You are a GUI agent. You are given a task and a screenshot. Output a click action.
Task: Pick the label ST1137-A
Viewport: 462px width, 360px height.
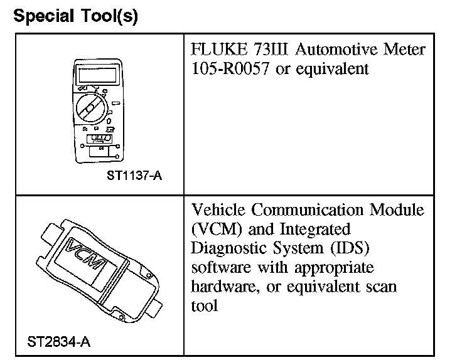point(134,175)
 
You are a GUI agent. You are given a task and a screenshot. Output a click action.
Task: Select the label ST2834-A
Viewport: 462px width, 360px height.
point(60,342)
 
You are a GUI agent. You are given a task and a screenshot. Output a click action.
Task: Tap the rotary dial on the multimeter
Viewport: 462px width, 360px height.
point(90,110)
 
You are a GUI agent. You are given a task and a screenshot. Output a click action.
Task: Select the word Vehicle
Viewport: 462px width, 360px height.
point(217,210)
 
